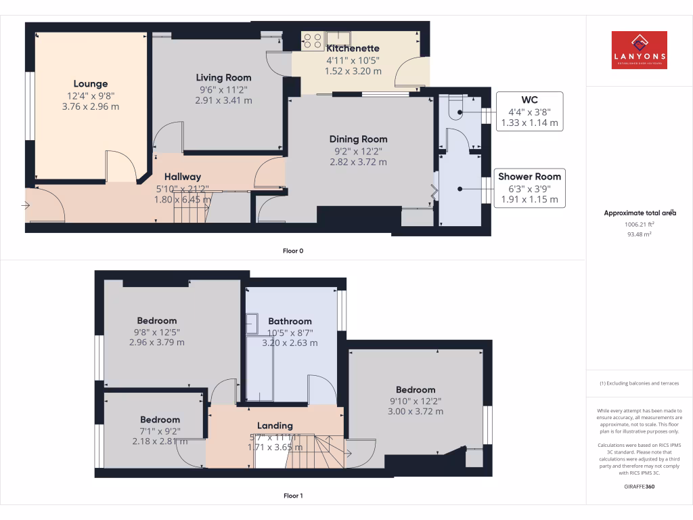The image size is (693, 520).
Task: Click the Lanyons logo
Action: coord(639,50)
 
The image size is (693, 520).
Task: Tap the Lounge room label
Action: coord(91,84)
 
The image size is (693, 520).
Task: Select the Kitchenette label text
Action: coord(353,49)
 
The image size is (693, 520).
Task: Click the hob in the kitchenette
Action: coord(313,41)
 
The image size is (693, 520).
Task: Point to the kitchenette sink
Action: coord(337,38)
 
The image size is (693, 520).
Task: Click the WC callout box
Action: coord(530,111)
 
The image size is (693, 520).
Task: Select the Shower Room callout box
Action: coord(530,188)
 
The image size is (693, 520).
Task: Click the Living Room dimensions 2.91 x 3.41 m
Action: coord(223,100)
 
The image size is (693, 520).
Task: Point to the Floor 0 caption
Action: coord(292,251)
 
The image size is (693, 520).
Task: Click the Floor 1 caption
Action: coord(292,496)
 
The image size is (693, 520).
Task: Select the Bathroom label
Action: coord(290,322)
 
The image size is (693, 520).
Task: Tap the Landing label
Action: coord(275,426)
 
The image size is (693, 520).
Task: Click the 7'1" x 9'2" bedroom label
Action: coord(160,431)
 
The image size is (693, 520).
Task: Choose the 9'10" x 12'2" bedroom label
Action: coord(415,401)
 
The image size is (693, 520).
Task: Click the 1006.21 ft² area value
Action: coord(639,224)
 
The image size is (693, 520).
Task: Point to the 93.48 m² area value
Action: coord(639,234)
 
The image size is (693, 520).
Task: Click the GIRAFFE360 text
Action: coord(639,486)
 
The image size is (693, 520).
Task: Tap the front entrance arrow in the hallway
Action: coord(28,204)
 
